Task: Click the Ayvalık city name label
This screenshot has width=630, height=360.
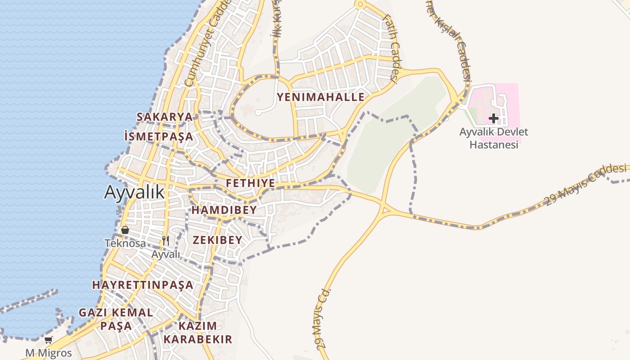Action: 134,192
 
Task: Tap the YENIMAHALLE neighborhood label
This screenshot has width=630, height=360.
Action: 320,97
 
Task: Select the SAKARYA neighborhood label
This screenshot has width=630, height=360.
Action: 164,117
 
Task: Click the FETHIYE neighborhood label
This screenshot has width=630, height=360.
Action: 250,183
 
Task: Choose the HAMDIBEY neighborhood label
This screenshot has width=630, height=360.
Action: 224,210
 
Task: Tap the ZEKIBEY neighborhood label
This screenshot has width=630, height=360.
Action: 217,240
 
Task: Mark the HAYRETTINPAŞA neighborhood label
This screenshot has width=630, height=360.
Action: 143,285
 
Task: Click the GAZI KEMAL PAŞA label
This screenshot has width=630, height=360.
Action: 116,319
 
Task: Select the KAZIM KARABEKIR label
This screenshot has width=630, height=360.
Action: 198,333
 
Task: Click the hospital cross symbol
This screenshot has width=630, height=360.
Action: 494,119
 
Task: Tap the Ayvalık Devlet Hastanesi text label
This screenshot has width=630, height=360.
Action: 494,138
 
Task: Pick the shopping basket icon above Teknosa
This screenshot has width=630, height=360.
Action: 125,230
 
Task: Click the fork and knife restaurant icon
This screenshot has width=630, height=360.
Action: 166,241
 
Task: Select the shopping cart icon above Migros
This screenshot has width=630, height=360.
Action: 48,340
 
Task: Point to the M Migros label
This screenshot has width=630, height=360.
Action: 48,353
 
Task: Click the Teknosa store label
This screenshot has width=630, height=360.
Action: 125,243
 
